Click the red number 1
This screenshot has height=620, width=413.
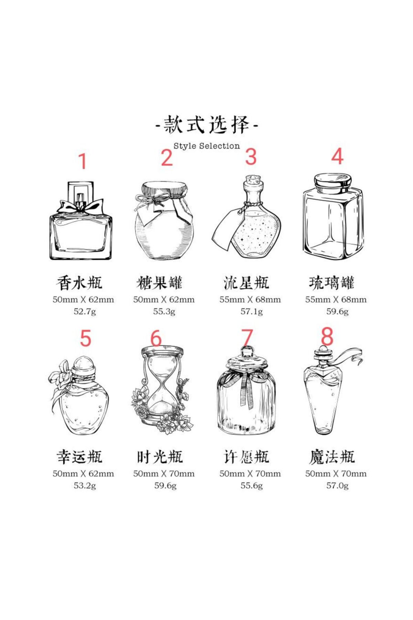(x=83, y=161)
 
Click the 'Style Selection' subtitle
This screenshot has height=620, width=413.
(x=206, y=146)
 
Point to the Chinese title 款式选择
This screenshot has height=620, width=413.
(x=206, y=125)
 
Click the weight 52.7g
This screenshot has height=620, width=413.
(x=85, y=312)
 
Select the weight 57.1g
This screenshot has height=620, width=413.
(x=252, y=312)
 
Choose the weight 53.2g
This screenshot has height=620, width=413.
(x=85, y=486)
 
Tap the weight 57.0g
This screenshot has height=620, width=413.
(x=337, y=486)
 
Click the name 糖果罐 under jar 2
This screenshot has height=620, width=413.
(x=159, y=283)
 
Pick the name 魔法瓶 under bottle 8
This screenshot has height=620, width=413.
(x=332, y=457)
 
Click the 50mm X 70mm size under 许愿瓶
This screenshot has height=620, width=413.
(x=250, y=474)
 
